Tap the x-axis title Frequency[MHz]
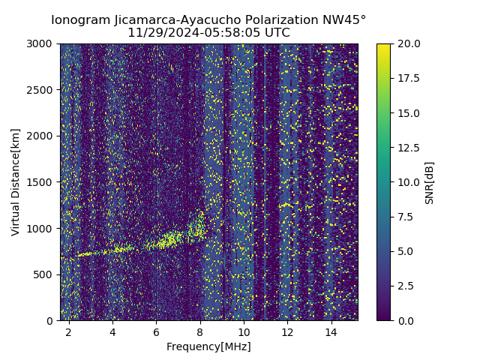(x=208, y=346)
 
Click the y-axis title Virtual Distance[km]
(x=16, y=181)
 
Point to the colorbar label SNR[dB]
(x=430, y=182)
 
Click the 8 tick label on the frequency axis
(x=200, y=331)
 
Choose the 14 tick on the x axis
(x=331, y=331)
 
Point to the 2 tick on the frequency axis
(x=69, y=331)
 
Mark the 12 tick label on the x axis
(x=287, y=331)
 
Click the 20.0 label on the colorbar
(x=409, y=44)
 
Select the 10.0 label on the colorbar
(x=409, y=182)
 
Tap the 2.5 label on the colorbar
(x=406, y=286)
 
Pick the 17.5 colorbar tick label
(x=409, y=79)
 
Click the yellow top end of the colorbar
(x=383, y=46)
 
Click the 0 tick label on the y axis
(x=51, y=321)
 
